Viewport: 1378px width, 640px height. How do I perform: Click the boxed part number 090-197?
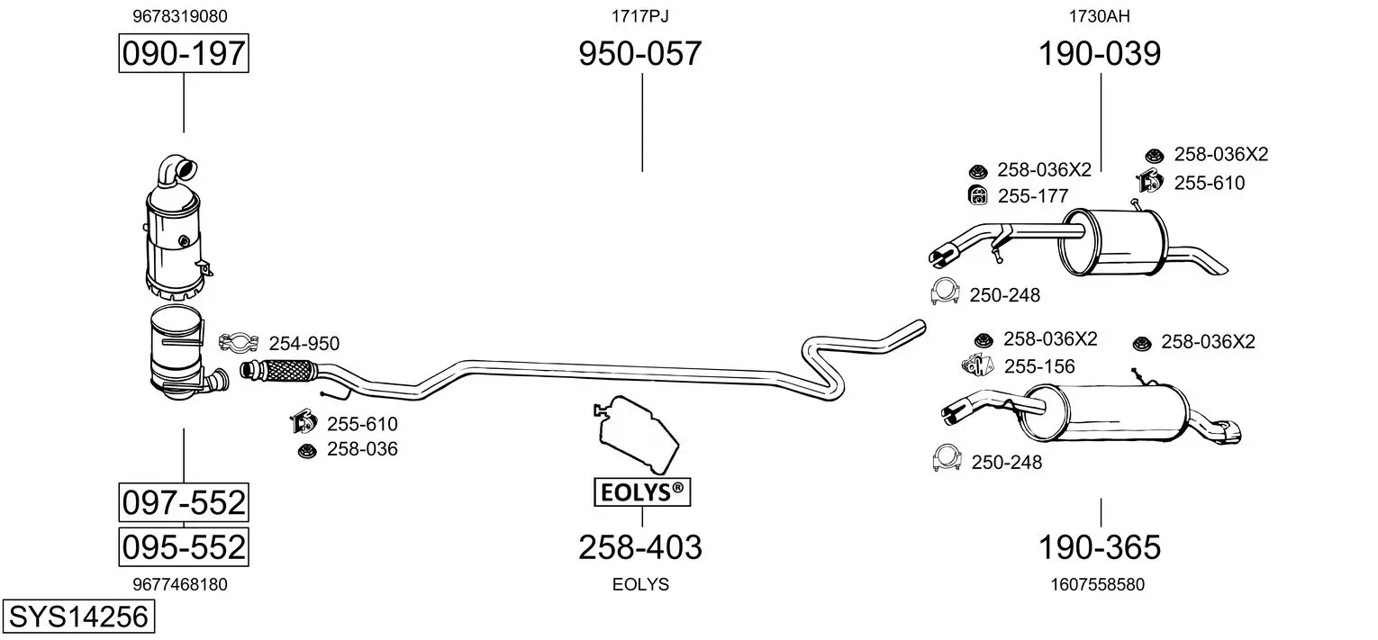tap(183, 54)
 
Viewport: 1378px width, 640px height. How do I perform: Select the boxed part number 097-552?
tap(183, 502)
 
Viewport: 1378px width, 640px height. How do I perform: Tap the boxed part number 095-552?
tap(183, 546)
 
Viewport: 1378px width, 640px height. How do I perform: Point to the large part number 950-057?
tap(639, 54)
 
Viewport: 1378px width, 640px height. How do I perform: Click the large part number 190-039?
tap(1100, 54)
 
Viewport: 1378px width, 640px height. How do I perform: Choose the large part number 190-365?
tap(1100, 546)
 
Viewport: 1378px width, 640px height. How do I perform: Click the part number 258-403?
tap(639, 546)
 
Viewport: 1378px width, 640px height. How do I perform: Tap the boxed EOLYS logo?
tap(641, 492)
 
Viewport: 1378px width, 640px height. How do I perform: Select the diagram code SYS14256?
tap(78, 617)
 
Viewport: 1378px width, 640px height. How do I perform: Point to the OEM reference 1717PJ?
tap(639, 16)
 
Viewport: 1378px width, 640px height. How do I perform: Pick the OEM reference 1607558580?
tap(1097, 584)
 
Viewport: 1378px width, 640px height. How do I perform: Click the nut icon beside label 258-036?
tap(306, 450)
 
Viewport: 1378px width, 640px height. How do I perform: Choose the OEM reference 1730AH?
tap(1100, 16)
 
